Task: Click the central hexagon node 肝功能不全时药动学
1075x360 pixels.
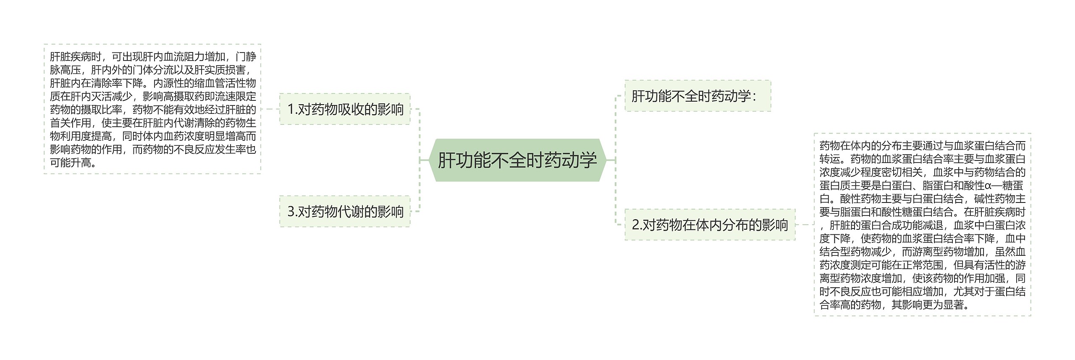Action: click(x=517, y=160)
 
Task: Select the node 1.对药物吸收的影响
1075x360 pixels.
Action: click(x=345, y=109)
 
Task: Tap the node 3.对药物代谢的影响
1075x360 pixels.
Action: click(x=345, y=211)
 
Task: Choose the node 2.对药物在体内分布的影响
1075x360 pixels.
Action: click(x=710, y=225)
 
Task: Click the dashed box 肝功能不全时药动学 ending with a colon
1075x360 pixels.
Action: click(x=697, y=96)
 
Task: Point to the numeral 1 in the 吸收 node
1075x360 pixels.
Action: click(x=290, y=109)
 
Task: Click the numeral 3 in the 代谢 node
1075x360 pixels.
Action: click(x=290, y=211)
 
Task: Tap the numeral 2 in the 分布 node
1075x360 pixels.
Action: click(x=635, y=225)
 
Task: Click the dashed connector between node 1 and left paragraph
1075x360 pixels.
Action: click(x=270, y=109)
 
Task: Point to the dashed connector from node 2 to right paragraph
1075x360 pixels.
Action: click(x=804, y=225)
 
